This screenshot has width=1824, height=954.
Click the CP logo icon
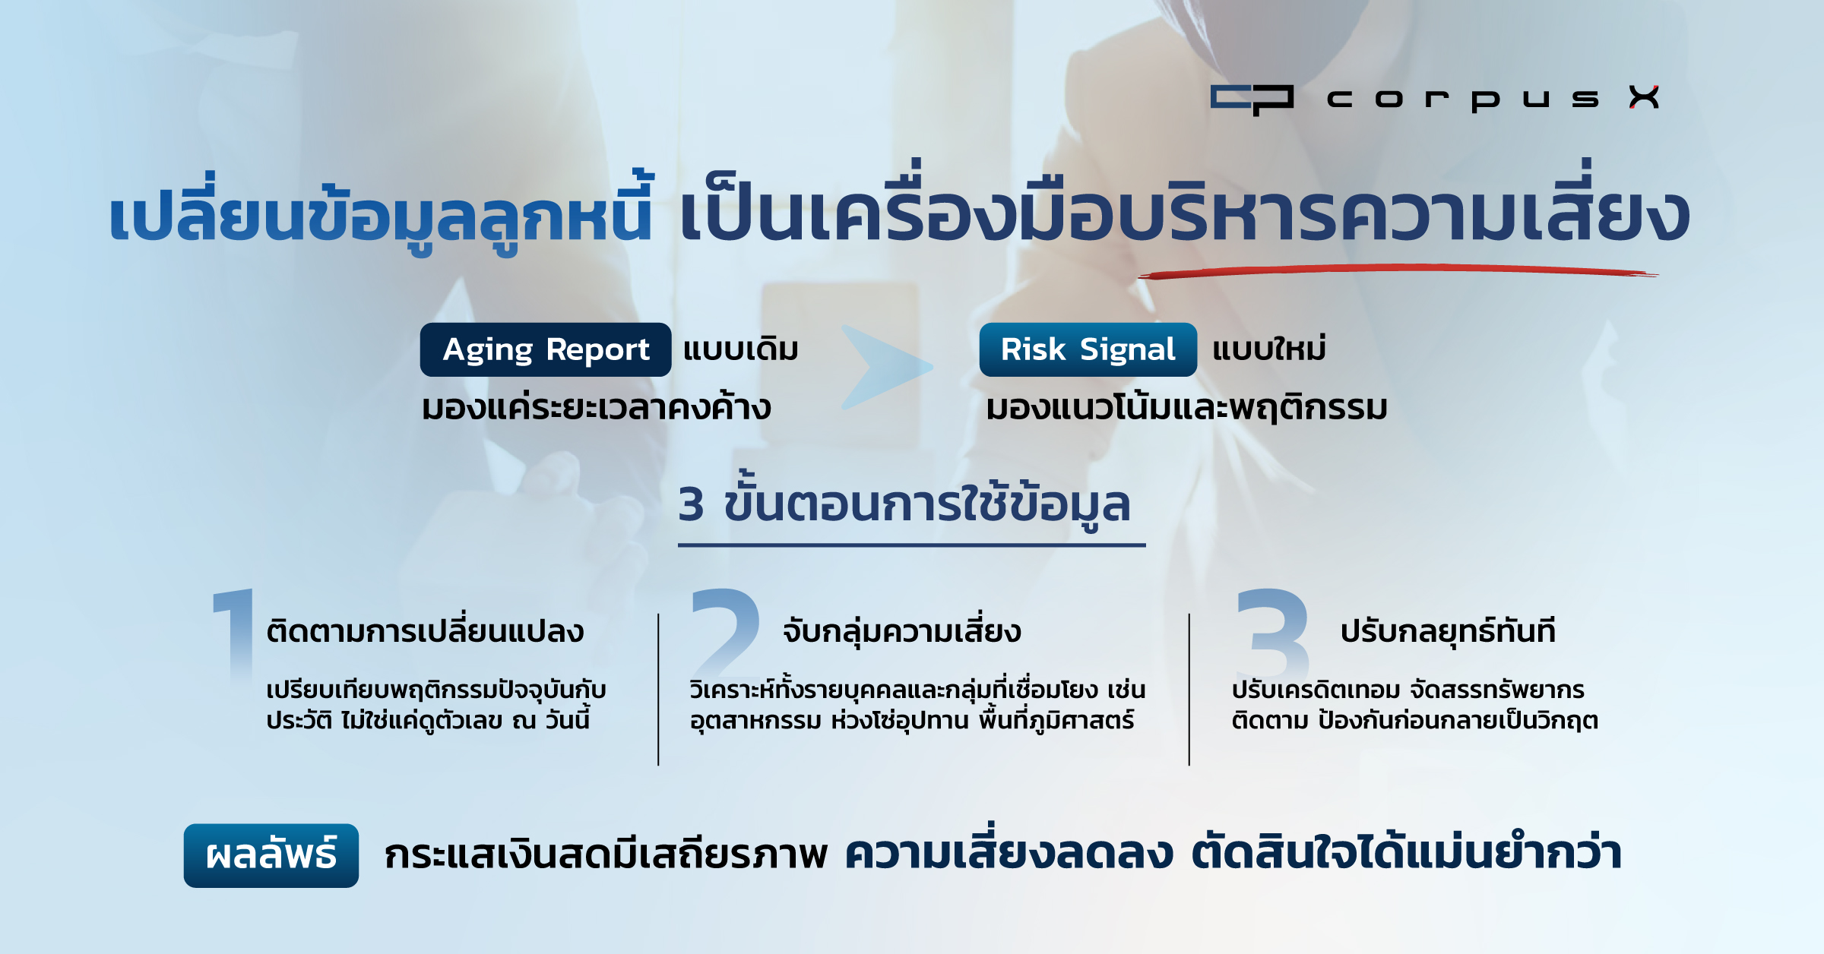point(1252,100)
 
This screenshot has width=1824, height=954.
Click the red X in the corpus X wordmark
point(1644,97)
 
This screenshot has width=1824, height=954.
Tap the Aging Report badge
point(546,349)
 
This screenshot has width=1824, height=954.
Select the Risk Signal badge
point(1088,349)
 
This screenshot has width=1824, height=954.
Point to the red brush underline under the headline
point(1398,271)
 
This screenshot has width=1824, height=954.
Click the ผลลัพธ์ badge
point(271,855)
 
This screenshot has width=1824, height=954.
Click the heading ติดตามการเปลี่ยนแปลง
point(425,630)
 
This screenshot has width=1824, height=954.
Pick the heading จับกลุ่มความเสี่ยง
point(902,630)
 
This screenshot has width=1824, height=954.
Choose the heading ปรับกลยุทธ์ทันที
point(1448,630)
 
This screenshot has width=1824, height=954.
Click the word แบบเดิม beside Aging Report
point(741,349)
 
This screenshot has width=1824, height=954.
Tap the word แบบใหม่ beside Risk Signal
point(1269,348)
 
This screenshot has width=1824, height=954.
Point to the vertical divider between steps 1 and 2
point(658,689)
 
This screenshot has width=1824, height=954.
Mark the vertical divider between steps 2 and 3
point(1189,689)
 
